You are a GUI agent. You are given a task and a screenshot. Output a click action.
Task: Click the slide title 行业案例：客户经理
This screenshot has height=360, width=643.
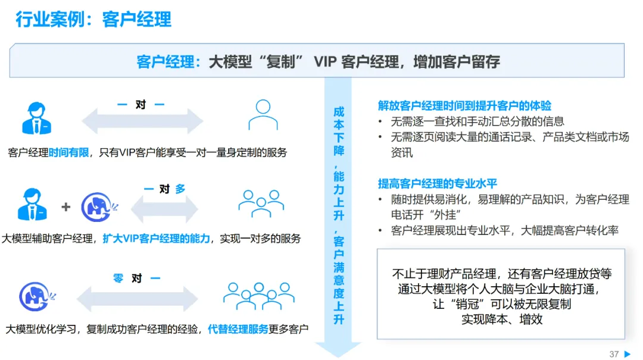[93, 19]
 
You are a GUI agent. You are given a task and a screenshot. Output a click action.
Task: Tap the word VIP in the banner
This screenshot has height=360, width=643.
[324, 62]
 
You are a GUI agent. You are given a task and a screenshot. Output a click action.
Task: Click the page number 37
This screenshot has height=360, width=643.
[614, 354]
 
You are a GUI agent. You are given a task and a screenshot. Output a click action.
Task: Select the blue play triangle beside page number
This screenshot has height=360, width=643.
[628, 354]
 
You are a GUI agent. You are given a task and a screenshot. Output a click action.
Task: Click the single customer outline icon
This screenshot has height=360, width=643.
[263, 115]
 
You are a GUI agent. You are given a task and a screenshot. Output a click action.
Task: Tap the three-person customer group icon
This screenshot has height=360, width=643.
[261, 204]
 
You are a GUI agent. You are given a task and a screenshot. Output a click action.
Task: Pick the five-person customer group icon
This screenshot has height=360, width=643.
[259, 296]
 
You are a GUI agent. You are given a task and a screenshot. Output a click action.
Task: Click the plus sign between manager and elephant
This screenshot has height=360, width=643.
[65, 206]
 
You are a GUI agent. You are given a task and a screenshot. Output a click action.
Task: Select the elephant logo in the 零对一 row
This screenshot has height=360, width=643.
[37, 296]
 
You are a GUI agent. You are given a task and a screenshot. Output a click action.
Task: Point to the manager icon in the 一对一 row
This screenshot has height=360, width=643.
[36, 118]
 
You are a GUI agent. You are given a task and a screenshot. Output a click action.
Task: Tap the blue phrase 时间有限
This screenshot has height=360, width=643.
[68, 152]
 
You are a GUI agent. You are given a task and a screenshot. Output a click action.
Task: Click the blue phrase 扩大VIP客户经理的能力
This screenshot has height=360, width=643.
[156, 239]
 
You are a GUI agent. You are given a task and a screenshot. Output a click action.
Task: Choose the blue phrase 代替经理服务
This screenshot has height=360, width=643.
[238, 329]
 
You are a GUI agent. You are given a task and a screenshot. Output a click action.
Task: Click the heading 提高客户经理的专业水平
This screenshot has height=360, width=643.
[437, 183]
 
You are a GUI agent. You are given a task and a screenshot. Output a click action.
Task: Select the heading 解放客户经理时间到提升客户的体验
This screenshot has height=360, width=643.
[464, 106]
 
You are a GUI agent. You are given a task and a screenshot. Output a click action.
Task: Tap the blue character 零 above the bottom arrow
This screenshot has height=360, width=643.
[118, 278]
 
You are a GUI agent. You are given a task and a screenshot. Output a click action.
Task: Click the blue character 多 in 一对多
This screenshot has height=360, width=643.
[180, 189]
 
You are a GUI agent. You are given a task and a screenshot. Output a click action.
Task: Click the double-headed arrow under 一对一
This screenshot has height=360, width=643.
[142, 121]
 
